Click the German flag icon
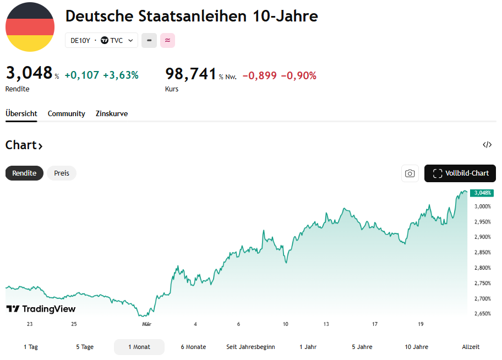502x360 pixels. [x=30, y=27]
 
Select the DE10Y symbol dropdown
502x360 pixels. [x=101, y=40]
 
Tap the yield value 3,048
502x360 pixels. [x=29, y=73]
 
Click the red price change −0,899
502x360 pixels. [x=259, y=75]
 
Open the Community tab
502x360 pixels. [x=66, y=113]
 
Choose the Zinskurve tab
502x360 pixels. [x=112, y=113]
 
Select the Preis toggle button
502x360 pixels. [x=62, y=173]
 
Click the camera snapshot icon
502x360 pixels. [x=410, y=173]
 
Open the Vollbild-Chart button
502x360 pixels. [x=460, y=173]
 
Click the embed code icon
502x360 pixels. [x=487, y=145]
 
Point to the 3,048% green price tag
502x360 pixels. [x=482, y=193]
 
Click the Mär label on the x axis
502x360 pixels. [x=146, y=324]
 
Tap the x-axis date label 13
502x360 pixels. [x=326, y=324]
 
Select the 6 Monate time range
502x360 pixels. [x=193, y=347]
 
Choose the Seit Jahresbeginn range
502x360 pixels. [x=250, y=347]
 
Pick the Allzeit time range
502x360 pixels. [x=471, y=347]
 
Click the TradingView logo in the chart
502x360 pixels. [x=41, y=309]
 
